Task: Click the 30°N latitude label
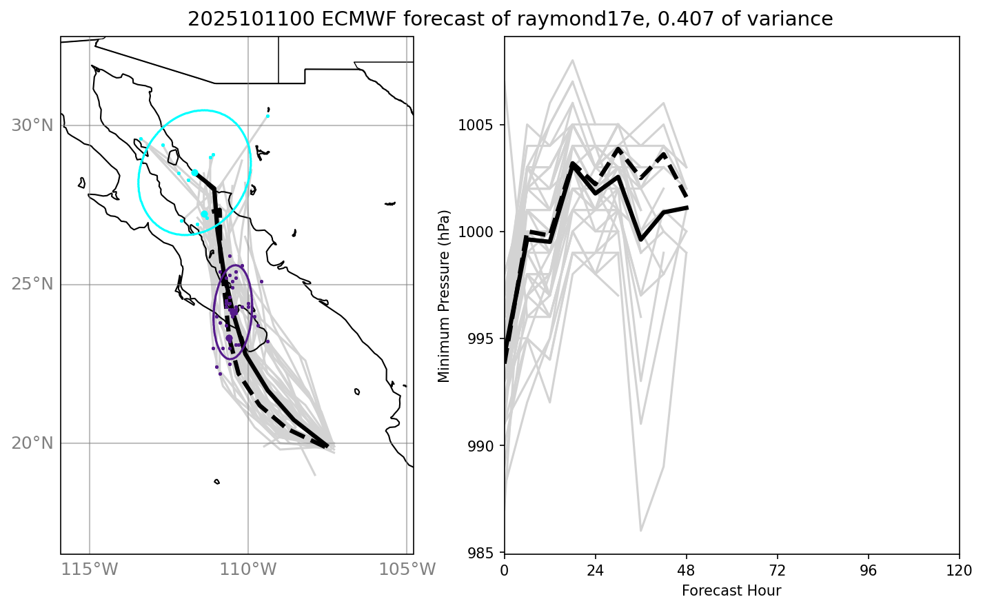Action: tap(32, 125)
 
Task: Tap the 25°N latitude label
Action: tap(32, 284)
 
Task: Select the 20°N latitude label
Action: tap(32, 443)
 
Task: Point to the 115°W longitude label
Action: tap(90, 570)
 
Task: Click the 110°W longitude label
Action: tap(248, 570)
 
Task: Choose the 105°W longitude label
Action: tap(407, 570)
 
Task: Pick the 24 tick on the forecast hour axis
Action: tap(596, 570)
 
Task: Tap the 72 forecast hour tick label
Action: tap(778, 570)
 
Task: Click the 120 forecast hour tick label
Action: tap(959, 570)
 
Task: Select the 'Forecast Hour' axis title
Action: tap(731, 591)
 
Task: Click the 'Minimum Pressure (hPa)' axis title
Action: tap(444, 296)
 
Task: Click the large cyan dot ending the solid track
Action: tap(195, 172)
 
